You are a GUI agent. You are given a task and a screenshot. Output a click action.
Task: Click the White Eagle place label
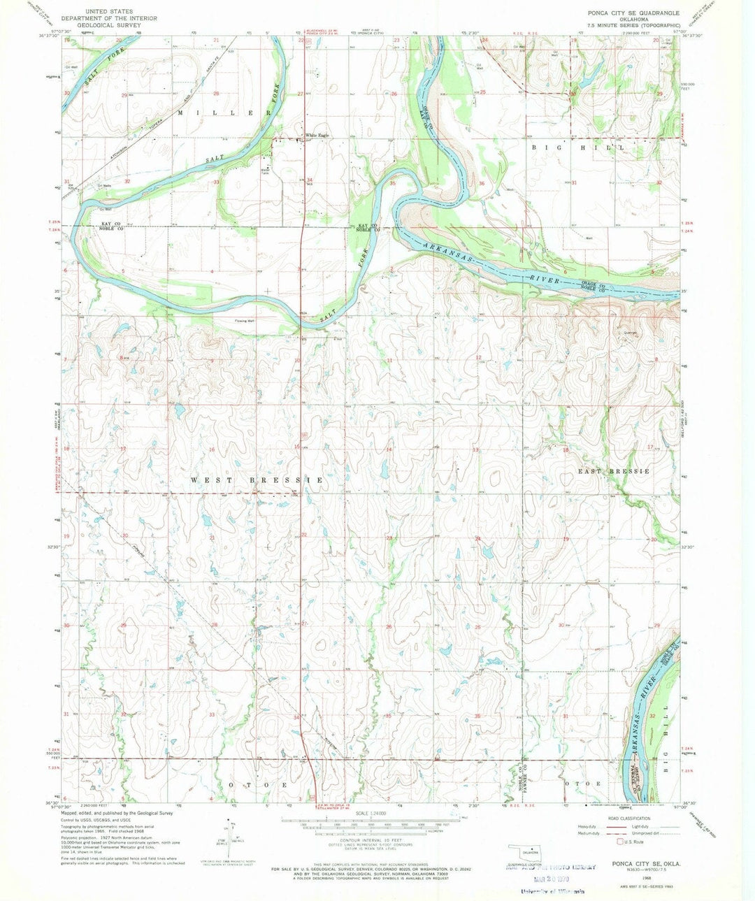(x=316, y=136)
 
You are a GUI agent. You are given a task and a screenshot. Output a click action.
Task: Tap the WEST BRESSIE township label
(x=256, y=480)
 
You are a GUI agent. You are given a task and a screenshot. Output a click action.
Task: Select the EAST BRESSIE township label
(x=614, y=471)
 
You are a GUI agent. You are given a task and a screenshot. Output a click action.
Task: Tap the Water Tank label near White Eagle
(x=266, y=170)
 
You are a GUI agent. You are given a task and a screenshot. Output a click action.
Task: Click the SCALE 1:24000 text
(x=376, y=813)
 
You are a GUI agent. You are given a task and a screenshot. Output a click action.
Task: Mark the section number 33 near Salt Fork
(x=217, y=182)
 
